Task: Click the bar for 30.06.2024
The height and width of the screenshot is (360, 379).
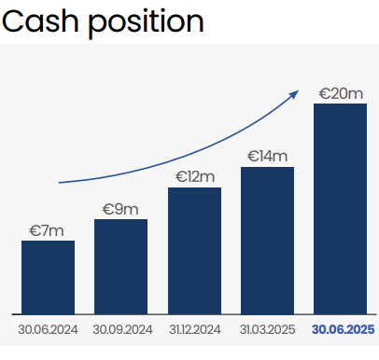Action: (48, 277)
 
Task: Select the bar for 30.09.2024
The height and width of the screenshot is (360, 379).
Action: (120, 266)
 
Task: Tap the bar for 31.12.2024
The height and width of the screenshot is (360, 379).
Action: (194, 250)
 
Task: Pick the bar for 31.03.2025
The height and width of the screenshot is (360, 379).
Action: (267, 240)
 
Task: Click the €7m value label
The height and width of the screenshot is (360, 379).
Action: (48, 230)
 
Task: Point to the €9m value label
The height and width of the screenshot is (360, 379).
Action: (120, 209)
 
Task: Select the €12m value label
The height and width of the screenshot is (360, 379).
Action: (194, 177)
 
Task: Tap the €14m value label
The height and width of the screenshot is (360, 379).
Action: (267, 157)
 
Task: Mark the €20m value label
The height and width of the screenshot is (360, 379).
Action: (340, 93)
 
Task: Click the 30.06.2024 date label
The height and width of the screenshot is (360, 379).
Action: (48, 330)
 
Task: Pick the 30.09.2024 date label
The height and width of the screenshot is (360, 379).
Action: (121, 330)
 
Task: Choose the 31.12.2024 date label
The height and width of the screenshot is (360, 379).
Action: (194, 330)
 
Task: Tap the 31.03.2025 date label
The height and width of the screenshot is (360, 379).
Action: (267, 330)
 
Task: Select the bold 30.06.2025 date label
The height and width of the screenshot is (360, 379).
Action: (343, 330)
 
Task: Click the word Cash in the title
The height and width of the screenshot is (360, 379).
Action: (43, 21)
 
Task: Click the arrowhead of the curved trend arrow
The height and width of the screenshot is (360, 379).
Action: (296, 92)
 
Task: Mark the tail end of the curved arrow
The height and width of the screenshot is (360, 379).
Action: (60, 183)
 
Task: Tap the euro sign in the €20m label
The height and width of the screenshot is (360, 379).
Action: (325, 93)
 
